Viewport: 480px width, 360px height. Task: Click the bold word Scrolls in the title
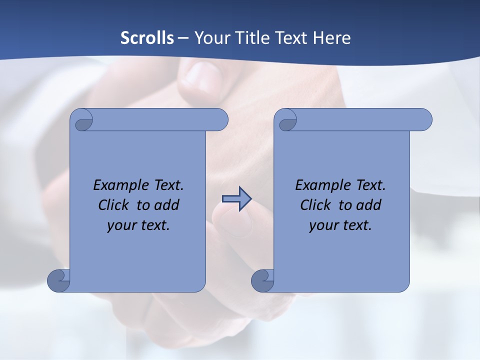coord(147,38)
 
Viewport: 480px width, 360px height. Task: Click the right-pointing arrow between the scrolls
coord(236,199)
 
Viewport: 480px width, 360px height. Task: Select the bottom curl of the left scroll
coord(58,280)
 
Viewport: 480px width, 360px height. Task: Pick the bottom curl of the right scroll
coord(262,280)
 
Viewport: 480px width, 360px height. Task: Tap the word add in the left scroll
coord(166,205)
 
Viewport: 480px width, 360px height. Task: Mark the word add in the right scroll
coord(368,205)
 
